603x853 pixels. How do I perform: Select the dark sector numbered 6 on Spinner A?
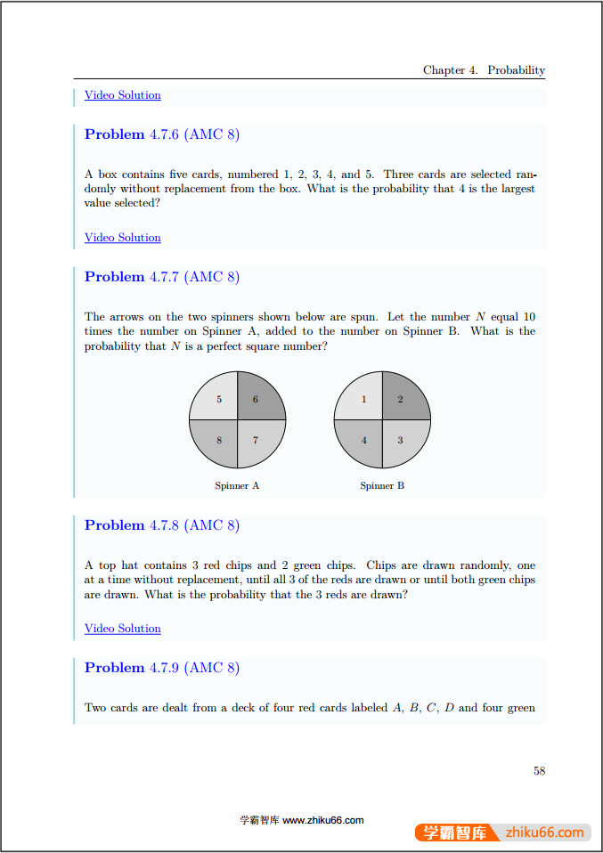tap(257, 399)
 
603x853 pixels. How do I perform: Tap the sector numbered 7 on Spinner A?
tap(257, 441)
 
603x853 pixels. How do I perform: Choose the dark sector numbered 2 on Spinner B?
tap(403, 399)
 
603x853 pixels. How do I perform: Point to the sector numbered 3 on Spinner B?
tap(403, 441)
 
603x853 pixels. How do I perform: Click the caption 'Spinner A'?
tap(237, 485)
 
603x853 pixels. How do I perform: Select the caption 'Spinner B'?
tap(382, 485)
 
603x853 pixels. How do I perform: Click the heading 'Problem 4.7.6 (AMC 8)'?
tap(161, 134)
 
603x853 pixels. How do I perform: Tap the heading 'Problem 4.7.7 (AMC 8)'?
tap(161, 277)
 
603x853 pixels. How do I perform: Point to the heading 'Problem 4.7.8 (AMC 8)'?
tap(161, 525)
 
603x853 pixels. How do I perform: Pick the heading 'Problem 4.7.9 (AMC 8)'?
tap(161, 668)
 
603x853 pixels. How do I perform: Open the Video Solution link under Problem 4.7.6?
tap(122, 238)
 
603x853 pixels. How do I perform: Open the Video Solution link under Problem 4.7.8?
tap(122, 629)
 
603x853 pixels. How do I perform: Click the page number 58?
tap(539, 771)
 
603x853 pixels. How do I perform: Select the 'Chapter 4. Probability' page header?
tap(484, 70)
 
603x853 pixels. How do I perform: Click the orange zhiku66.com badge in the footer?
tap(502, 833)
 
